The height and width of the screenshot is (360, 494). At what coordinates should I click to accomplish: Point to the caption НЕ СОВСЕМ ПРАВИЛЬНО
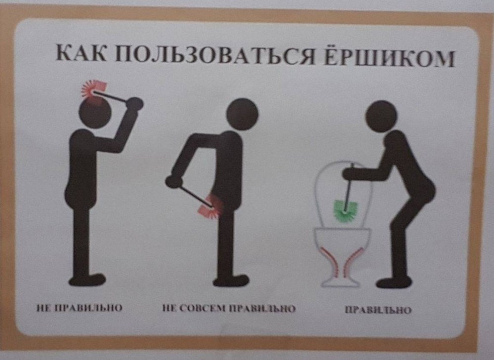[x=229, y=309]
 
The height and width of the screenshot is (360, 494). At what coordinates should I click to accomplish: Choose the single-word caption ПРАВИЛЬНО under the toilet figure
[x=378, y=311]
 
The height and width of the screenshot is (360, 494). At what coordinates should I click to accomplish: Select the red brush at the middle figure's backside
[x=210, y=206]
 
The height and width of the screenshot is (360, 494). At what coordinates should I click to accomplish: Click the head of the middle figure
[x=242, y=114]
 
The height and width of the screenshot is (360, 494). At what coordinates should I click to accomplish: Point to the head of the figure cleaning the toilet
[x=381, y=117]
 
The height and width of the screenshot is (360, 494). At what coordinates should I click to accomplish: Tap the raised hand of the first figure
[x=135, y=103]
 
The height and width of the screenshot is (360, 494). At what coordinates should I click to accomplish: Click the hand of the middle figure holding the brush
[x=173, y=181]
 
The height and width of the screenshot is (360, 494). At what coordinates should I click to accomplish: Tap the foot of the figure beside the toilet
[x=393, y=282]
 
